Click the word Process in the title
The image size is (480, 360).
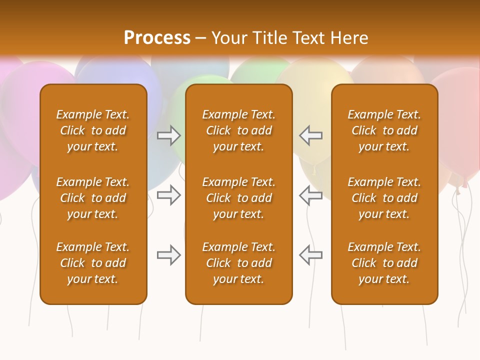point(157,38)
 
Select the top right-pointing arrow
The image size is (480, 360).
point(168,135)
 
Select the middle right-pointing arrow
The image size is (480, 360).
point(168,195)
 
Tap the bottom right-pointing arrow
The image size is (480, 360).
point(168,255)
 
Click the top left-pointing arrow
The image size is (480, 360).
point(310,135)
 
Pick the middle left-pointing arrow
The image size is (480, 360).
point(310,195)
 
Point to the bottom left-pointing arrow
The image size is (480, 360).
point(310,255)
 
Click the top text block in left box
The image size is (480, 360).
point(93,130)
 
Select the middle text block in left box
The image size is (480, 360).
point(93,198)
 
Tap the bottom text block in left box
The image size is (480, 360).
point(93,263)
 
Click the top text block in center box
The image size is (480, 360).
point(238,130)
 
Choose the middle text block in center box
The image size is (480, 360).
point(238,198)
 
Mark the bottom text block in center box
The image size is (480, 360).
point(238,263)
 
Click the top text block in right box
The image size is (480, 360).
point(384,130)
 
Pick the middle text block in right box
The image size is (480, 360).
point(384,198)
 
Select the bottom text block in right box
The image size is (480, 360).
point(384,263)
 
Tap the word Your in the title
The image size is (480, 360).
point(228,38)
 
